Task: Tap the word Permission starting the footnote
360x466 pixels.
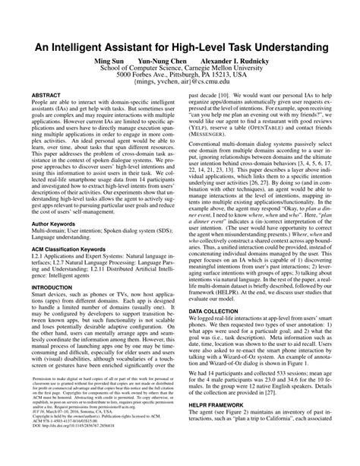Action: (46, 397)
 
